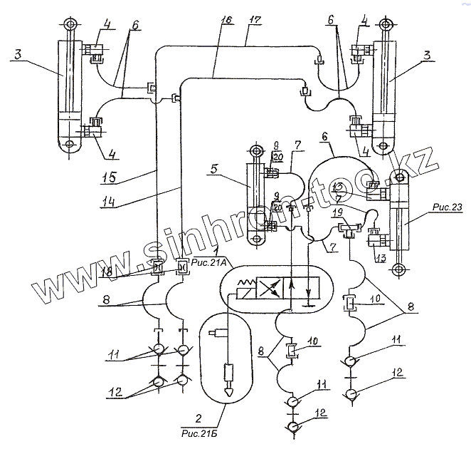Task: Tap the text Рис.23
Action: click(x=446, y=207)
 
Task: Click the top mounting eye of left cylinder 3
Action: click(x=69, y=25)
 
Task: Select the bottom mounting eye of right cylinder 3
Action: click(x=390, y=145)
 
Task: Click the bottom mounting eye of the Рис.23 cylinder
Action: click(x=400, y=269)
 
